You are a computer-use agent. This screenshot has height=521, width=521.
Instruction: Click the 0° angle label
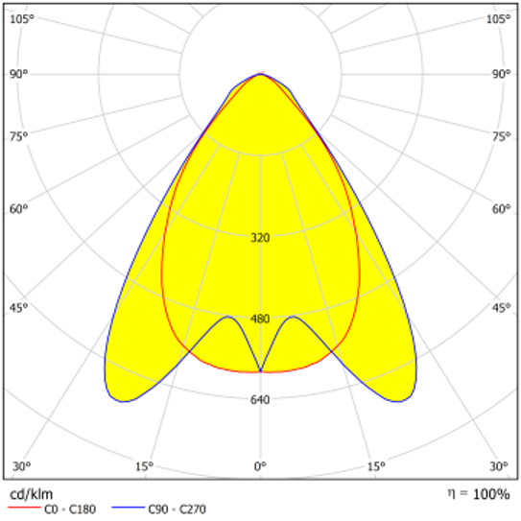coord(260,466)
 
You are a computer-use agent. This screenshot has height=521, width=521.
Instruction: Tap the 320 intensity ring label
coord(260,238)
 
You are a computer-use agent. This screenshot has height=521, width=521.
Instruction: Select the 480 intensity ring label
coord(260,320)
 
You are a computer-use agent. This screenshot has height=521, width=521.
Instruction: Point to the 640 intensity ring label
coord(260,400)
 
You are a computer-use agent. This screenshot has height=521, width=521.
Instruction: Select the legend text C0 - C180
coord(72,510)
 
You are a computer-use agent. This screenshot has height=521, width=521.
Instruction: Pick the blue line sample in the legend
coord(129,510)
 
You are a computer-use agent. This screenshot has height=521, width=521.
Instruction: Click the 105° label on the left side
coord(22,19)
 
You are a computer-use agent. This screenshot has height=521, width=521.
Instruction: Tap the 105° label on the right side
coord(498,19)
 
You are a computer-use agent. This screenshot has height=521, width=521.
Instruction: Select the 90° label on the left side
coord(19,74)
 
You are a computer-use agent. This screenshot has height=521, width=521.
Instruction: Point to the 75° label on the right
coord(501,136)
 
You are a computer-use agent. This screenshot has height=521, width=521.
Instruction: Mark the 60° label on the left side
coord(19,208)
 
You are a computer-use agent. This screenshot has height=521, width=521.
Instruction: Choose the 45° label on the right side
coord(501,308)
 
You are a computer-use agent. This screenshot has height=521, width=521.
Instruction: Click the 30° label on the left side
coord(19,466)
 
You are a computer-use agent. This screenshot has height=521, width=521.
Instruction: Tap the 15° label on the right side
coord(376,466)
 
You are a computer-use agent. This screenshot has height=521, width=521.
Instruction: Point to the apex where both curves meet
coord(260,74)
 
